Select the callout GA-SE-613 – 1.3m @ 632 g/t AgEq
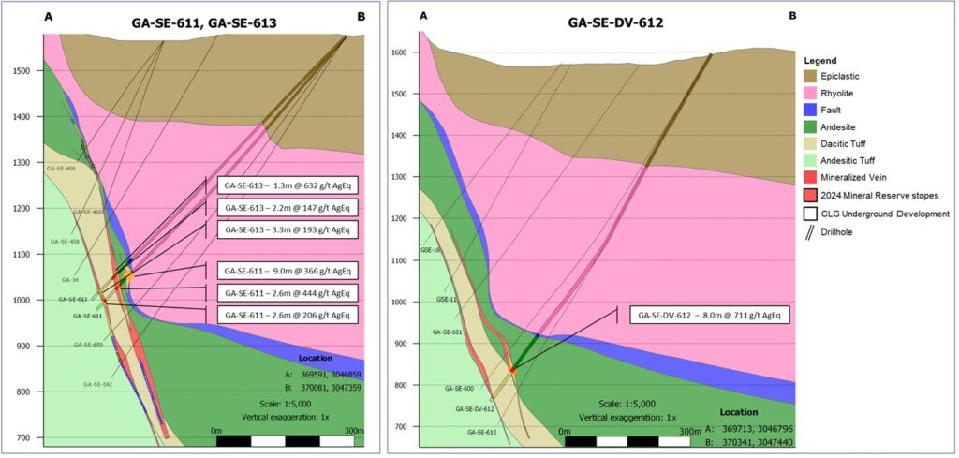pyautogui.click(x=287, y=185)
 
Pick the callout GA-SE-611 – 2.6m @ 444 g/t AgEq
pyautogui.click(x=287, y=293)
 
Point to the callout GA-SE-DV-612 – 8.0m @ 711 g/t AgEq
pyautogui.click(x=710, y=315)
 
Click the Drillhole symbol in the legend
pyautogui.click(x=812, y=230)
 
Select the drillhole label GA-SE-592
pyautogui.click(x=97, y=384)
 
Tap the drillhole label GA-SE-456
pyautogui.click(x=61, y=169)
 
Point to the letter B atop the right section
pyautogui.click(x=792, y=16)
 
